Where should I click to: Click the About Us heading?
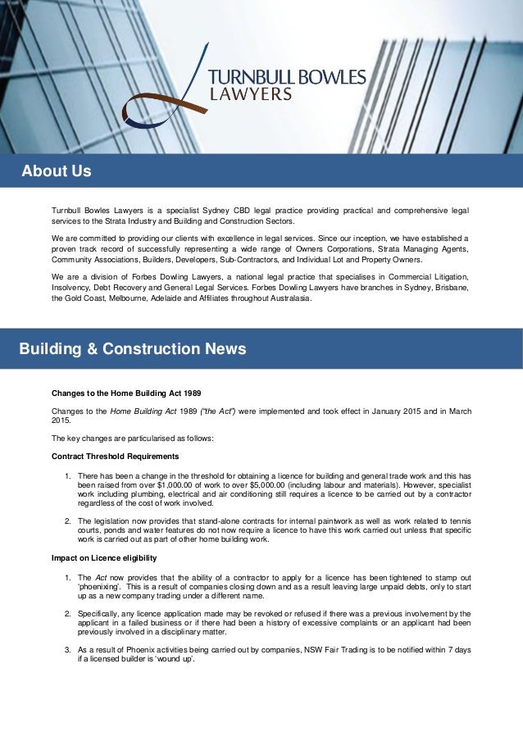pyautogui.click(x=57, y=172)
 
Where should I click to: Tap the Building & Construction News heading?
pyautogui.click(x=133, y=349)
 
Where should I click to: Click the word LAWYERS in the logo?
pyautogui.click(x=252, y=93)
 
